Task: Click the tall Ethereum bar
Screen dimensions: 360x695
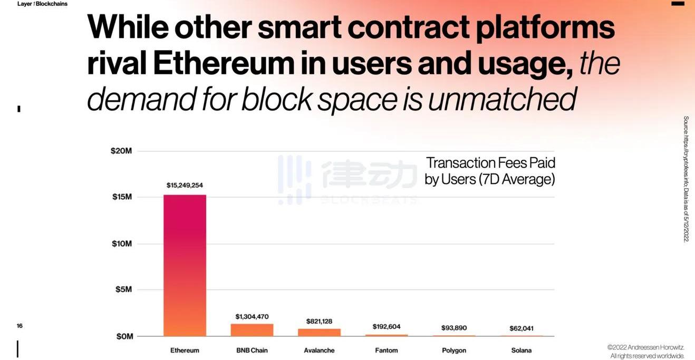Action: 185,265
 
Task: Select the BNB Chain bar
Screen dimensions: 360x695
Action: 252,330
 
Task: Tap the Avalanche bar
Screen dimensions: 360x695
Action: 319,333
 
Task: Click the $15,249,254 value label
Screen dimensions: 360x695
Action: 185,186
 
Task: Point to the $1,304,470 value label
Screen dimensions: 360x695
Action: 252,317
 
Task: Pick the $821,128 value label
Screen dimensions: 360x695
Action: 319,322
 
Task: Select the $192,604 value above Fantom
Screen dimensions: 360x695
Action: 387,327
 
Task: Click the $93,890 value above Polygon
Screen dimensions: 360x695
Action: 453,328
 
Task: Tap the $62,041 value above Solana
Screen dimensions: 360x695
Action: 521,328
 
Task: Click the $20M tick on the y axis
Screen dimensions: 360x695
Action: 121,151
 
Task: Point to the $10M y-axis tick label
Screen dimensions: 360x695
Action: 121,244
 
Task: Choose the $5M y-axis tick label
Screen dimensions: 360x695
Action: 123,289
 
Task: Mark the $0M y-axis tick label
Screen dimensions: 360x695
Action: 123,336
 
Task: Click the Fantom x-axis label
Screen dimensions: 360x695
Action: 387,351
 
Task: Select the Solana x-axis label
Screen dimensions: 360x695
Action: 521,351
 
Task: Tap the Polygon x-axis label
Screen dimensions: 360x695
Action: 453,351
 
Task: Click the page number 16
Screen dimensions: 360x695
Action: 20,326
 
